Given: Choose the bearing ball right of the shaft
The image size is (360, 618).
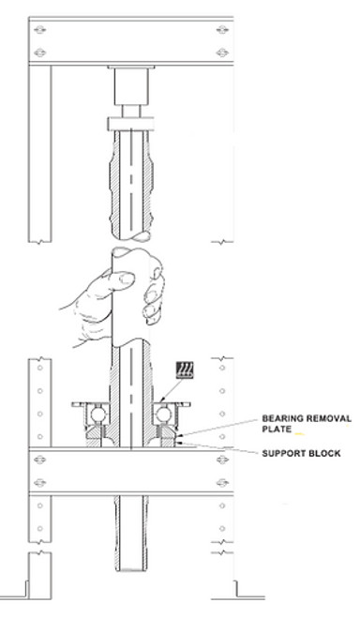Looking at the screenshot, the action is [x=166, y=414].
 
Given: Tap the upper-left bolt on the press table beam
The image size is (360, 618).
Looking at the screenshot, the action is [x=37, y=461].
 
